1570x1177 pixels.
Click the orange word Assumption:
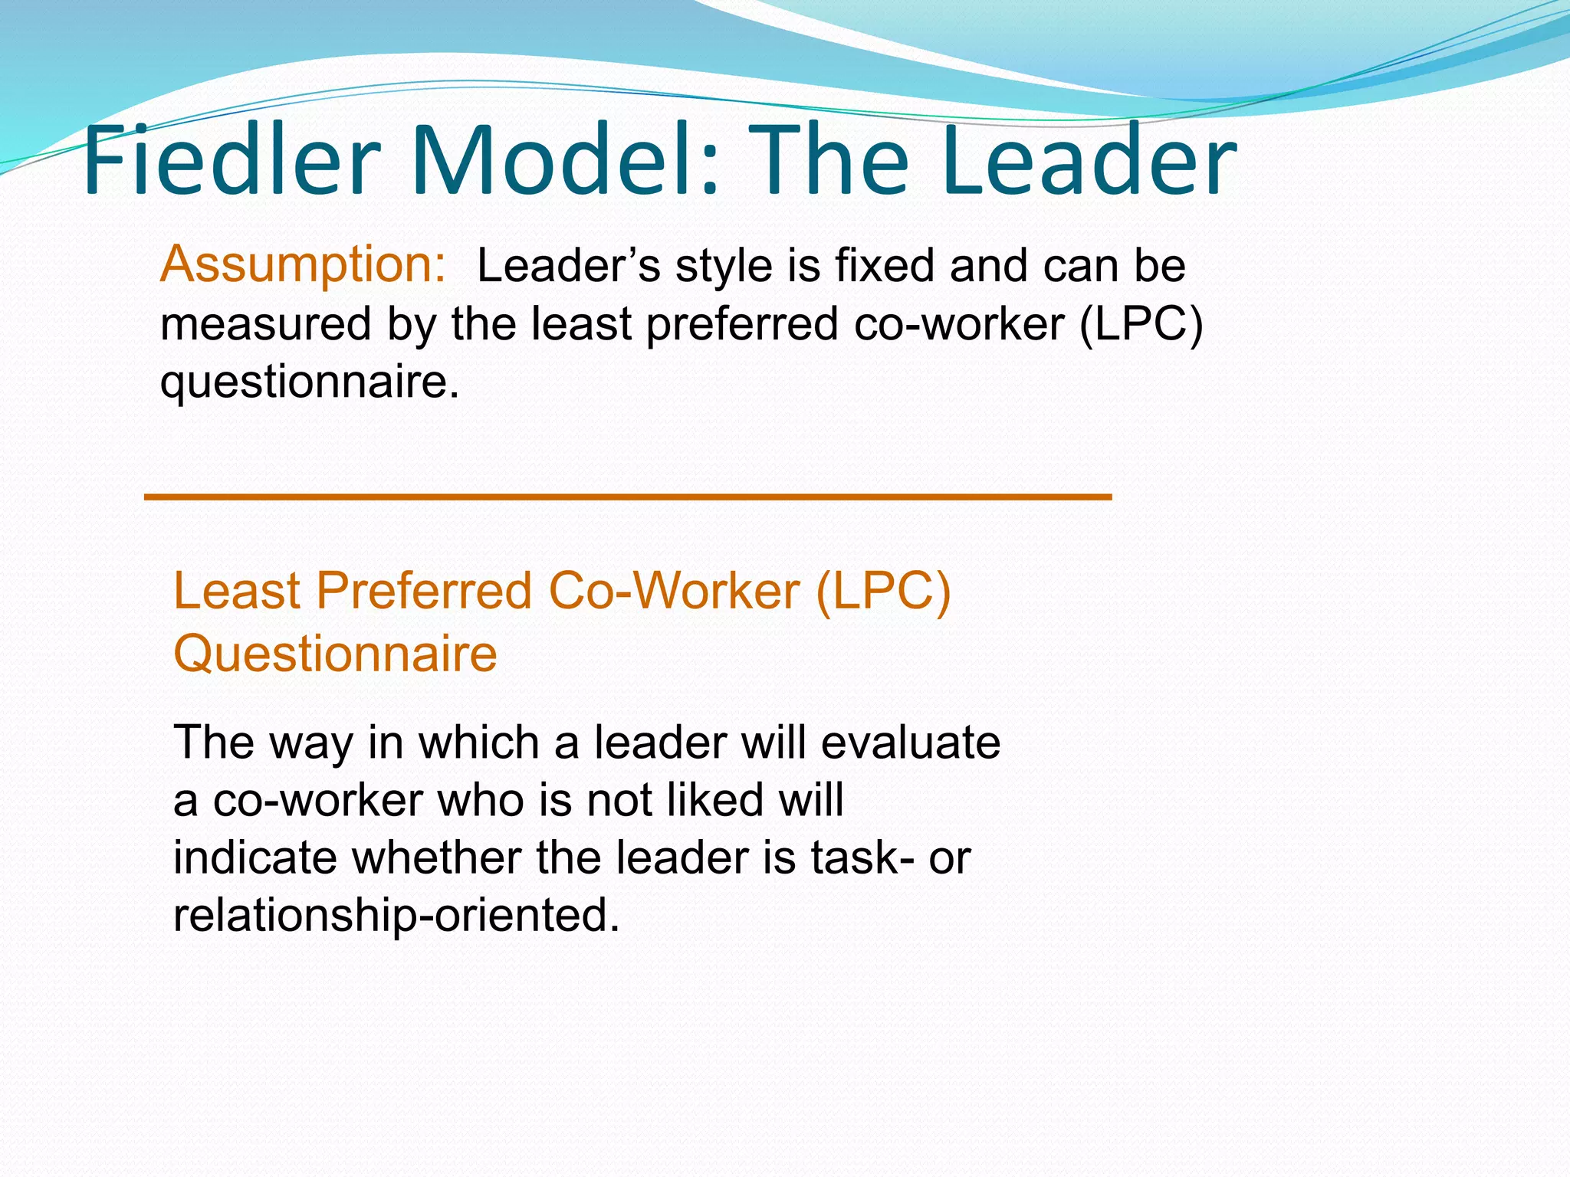(x=302, y=265)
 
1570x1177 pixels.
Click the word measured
(x=265, y=323)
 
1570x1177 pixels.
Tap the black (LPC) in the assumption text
(x=1140, y=323)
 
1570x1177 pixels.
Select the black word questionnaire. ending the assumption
(x=309, y=382)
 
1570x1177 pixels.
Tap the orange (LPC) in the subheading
(x=882, y=591)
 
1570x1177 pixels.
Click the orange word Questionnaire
(x=335, y=654)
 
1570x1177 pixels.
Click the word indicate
(x=255, y=857)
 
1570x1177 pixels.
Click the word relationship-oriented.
(x=396, y=915)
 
